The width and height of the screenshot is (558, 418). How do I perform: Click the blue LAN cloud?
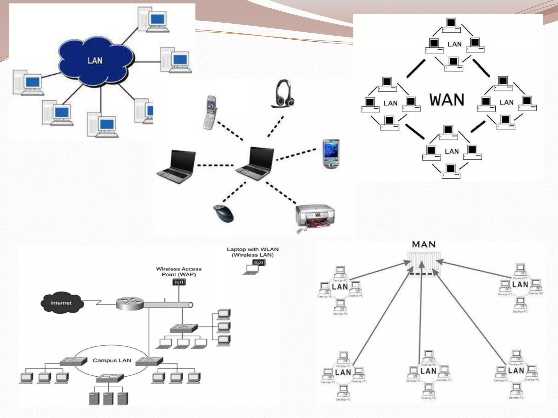coord(95,61)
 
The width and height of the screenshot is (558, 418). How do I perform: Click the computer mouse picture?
coord(223,214)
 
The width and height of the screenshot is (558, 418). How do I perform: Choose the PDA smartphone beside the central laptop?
coord(331,154)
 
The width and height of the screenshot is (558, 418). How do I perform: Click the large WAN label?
coord(447,100)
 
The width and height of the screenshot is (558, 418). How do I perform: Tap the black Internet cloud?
coord(61,303)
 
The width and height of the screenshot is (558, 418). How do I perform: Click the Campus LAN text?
coord(112,360)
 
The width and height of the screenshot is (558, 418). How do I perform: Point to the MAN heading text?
coord(424,245)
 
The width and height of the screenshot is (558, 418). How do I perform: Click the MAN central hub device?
coord(424,263)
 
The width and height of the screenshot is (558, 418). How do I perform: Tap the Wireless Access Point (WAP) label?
coord(179,272)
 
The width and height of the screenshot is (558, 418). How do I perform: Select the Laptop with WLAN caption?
coord(253,252)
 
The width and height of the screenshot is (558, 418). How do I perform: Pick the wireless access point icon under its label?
coord(179,282)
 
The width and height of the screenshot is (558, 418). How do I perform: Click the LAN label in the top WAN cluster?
coord(454,44)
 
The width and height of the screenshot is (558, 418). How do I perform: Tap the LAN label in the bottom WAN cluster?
coord(452,151)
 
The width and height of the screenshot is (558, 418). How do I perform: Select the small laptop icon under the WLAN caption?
coord(251,269)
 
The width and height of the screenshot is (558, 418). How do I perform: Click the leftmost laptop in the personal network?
coord(177,167)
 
